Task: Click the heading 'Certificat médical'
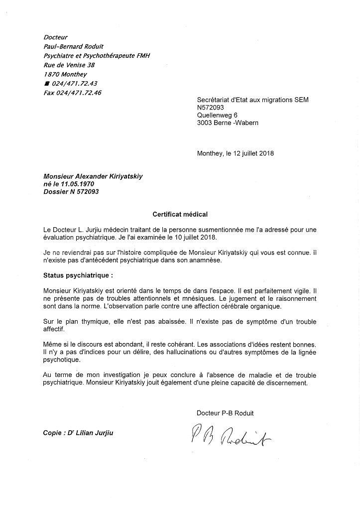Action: [x=180, y=215]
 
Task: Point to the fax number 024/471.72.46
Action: [x=73, y=93]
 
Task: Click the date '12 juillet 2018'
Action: [x=250, y=153]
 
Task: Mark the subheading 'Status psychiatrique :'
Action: [x=75, y=275]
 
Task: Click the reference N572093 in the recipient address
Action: [x=211, y=108]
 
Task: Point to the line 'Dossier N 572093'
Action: [x=71, y=192]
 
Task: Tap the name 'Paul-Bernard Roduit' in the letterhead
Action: [x=75, y=47]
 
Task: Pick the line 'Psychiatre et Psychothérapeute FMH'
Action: [x=97, y=56]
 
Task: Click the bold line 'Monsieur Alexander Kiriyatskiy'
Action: [x=93, y=176]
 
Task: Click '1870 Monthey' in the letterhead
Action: [x=65, y=75]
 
